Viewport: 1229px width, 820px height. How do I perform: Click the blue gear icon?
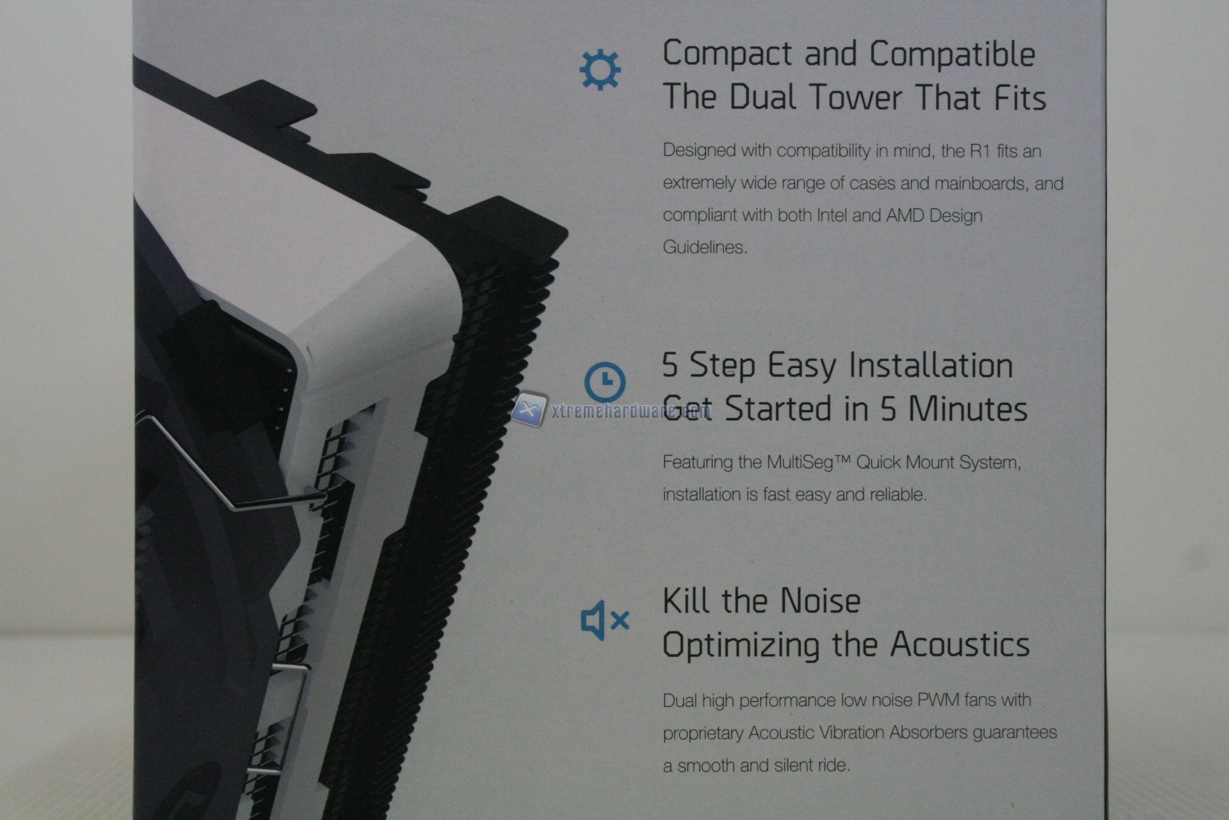[x=600, y=70]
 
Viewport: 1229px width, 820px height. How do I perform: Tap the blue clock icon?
[x=605, y=381]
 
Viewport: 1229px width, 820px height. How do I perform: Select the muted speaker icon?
[x=605, y=620]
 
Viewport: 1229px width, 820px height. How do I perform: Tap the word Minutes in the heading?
[x=967, y=409]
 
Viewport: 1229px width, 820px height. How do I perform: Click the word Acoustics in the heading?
[x=959, y=644]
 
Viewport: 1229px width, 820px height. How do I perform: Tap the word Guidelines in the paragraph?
[x=705, y=247]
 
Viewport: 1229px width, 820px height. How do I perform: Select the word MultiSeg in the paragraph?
[x=799, y=462]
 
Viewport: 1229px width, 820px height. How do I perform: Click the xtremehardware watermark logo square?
[x=529, y=410]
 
